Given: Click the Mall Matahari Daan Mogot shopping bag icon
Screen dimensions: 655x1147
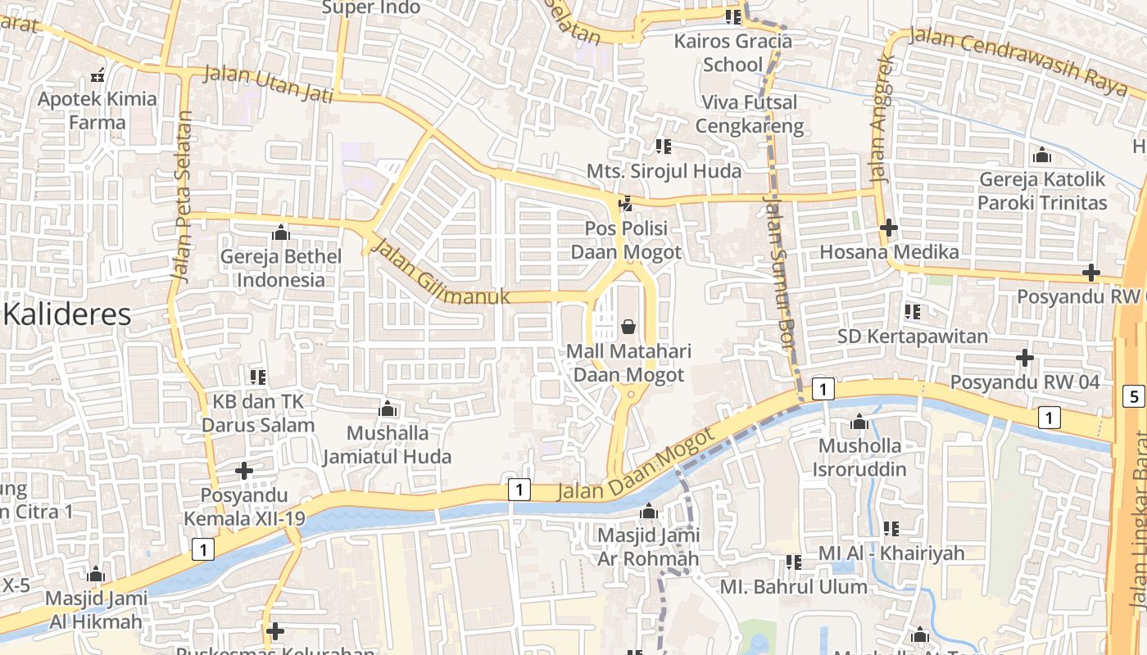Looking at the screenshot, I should pos(628,327).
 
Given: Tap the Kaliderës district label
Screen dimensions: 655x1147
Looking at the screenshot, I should pos(68,314).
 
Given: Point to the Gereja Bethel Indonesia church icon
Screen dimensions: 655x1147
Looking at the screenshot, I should pos(281,233).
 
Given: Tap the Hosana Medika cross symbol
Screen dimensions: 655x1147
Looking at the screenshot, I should pos(888,228).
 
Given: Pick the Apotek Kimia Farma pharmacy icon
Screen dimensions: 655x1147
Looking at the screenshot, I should pos(97,76).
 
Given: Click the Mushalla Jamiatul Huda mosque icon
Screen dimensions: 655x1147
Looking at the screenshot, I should pos(388,409).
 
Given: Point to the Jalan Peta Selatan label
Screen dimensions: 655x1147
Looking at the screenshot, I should pos(182,196).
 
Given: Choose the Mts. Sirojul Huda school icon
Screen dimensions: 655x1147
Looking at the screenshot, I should pos(663,147).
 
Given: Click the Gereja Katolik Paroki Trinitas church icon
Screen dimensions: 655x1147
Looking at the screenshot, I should pos(1042,155).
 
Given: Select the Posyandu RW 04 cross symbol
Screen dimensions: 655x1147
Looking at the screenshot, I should pos(1024,358).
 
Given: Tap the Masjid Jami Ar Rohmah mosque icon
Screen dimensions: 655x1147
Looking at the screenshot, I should pos(649,512).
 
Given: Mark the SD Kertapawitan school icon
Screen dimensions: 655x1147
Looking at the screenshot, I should pos(912,312).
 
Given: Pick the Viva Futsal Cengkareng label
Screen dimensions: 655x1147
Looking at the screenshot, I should pos(749,115).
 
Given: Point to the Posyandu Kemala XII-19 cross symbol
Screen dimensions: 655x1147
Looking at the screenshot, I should pos(243,471).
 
